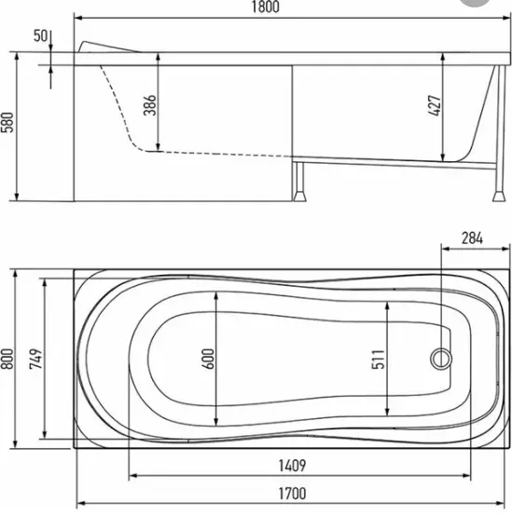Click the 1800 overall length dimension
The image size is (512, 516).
point(265,7)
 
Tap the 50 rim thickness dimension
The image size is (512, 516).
point(40,35)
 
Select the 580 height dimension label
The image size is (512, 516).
point(7,122)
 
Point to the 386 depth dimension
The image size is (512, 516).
point(149,105)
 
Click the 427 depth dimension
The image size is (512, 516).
point(435,105)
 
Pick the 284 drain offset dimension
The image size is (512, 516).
point(472,238)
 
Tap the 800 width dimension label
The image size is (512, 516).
point(7,359)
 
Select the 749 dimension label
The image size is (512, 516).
point(36,359)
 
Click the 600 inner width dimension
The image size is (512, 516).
point(208,359)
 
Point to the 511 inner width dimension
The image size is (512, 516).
point(379,359)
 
